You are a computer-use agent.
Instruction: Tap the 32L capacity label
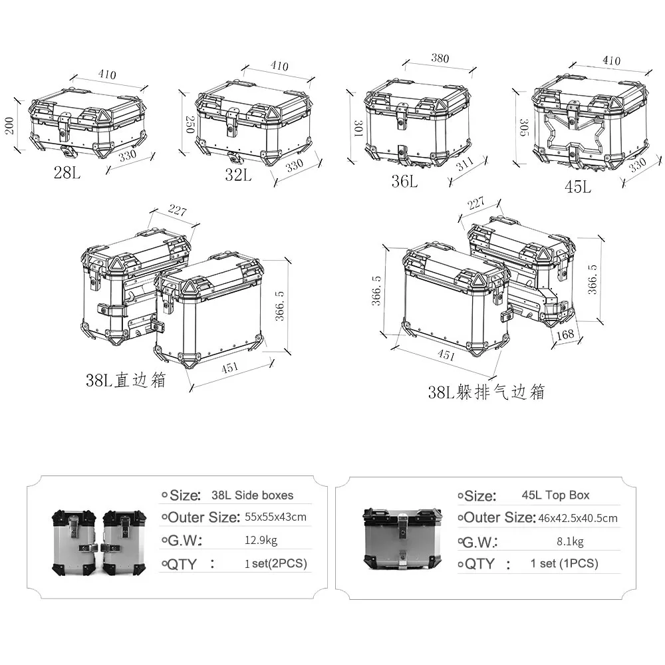tap(237, 175)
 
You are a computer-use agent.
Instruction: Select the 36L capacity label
tap(404, 180)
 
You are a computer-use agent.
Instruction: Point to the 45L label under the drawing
tap(577, 187)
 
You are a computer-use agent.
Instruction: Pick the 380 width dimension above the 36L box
tap(440, 58)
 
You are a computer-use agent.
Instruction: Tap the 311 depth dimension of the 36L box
tap(465, 164)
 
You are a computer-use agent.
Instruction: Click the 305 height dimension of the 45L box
tap(523, 128)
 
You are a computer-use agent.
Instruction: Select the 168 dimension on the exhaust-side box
tap(565, 334)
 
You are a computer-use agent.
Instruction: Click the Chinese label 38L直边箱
tap(125, 380)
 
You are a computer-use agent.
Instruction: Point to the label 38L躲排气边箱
tap(486, 392)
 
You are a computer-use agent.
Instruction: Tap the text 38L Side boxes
tap(252, 495)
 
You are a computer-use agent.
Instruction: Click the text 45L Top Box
tap(555, 495)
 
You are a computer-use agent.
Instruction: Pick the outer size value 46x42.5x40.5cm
tap(577, 518)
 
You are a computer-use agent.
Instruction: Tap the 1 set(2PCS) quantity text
tap(276, 564)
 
